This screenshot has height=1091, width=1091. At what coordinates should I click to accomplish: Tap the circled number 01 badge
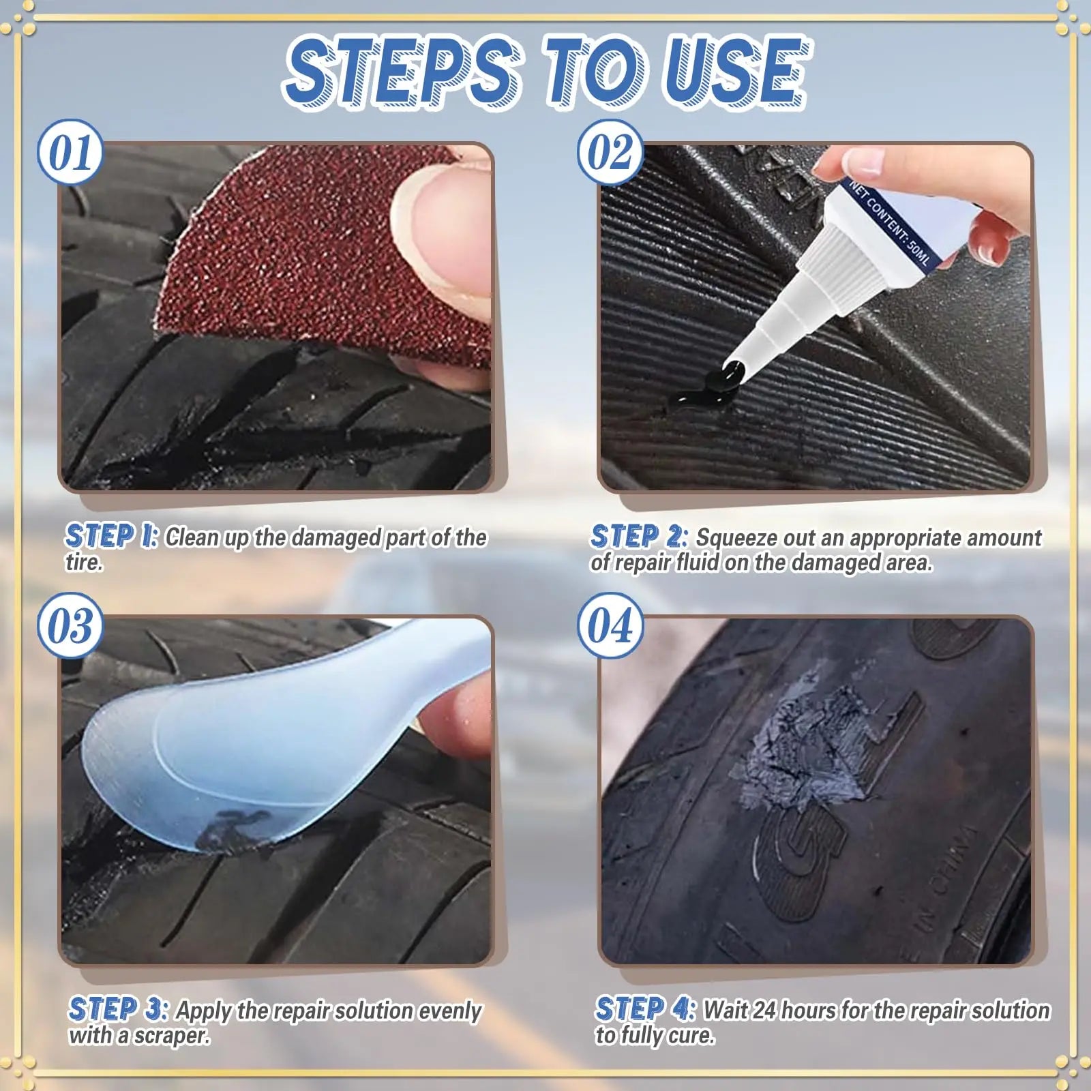[70, 153]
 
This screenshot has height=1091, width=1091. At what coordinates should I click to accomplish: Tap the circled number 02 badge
[610, 153]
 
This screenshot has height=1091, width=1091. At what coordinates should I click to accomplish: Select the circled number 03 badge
[70, 626]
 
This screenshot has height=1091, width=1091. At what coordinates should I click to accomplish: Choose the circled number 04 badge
[610, 626]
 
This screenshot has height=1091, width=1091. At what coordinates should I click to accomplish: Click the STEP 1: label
[111, 537]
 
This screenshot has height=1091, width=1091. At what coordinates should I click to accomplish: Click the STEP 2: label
[638, 537]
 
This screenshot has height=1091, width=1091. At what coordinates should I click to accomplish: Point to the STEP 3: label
[117, 1010]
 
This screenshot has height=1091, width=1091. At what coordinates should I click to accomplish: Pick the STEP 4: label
[644, 1010]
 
